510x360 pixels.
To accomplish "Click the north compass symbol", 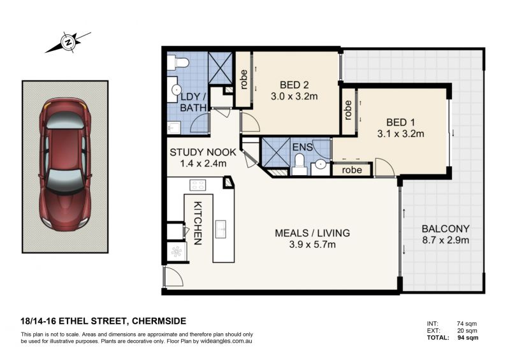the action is (68, 42).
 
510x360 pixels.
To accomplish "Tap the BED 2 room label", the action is (294, 85).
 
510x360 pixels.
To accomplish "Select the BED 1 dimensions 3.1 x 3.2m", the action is (401, 133).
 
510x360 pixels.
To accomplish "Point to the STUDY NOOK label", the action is (203, 152).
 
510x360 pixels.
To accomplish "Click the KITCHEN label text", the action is (198, 223).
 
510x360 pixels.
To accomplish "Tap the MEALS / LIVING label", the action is (312, 233).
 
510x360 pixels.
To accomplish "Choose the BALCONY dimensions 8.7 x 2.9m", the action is (446, 240).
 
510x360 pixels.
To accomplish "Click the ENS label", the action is (302, 147).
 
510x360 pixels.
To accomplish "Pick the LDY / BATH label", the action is (193, 102).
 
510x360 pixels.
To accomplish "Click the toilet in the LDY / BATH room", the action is (178, 62).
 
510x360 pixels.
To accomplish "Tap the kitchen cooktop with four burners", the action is (198, 185).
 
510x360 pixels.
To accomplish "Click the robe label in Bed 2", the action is (244, 80).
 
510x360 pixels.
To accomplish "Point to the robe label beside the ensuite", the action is (352, 170).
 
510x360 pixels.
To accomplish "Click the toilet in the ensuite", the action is (299, 164).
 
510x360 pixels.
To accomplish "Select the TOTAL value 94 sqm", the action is (468, 338).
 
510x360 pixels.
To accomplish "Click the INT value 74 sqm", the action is (467, 324).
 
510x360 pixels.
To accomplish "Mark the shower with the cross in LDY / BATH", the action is (220, 68).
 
